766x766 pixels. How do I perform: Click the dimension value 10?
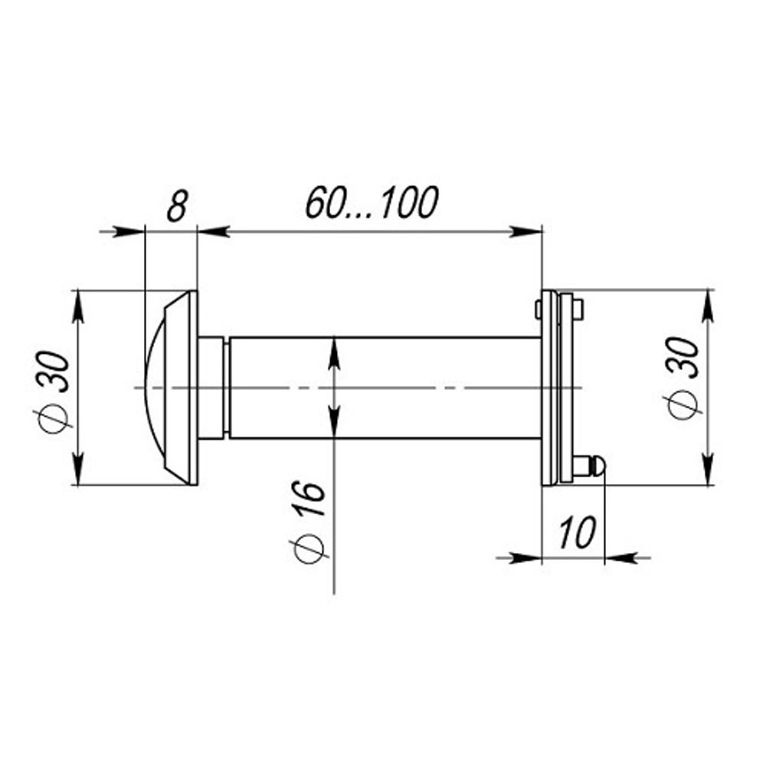[x=578, y=532]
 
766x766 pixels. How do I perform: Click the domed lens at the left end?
[x=155, y=388]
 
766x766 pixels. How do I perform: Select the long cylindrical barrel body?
[x=385, y=388]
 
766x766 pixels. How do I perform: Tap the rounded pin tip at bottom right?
[x=598, y=466]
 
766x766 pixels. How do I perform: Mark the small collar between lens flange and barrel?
[x=211, y=388]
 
